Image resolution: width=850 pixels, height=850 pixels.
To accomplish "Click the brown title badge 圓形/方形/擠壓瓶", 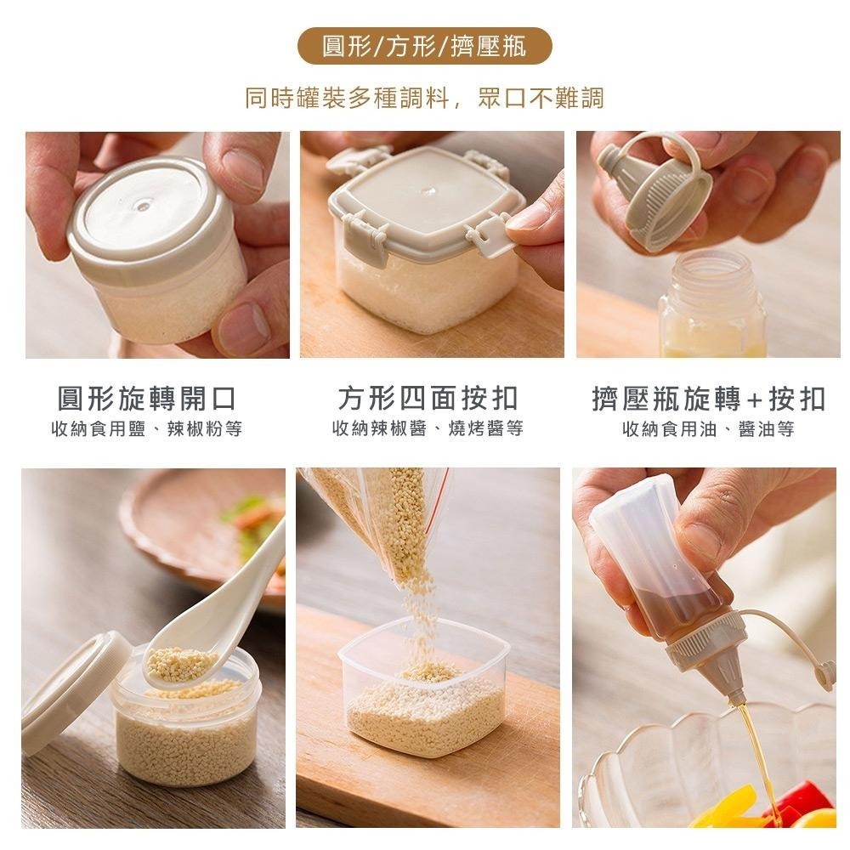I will click(425, 46).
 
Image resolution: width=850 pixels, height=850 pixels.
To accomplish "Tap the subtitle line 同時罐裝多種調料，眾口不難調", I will click(425, 98).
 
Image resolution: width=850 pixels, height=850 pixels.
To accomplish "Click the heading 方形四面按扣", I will click(428, 398).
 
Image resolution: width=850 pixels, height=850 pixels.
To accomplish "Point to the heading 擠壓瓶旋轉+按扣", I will click(708, 398).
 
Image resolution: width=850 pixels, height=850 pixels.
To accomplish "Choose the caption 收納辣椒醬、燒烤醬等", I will click(428, 429).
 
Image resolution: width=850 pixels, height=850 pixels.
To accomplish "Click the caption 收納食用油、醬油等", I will click(708, 429).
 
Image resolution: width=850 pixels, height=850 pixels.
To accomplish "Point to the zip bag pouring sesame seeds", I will click(391, 518).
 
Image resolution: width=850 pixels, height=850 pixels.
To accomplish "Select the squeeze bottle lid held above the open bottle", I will click(654, 191).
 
